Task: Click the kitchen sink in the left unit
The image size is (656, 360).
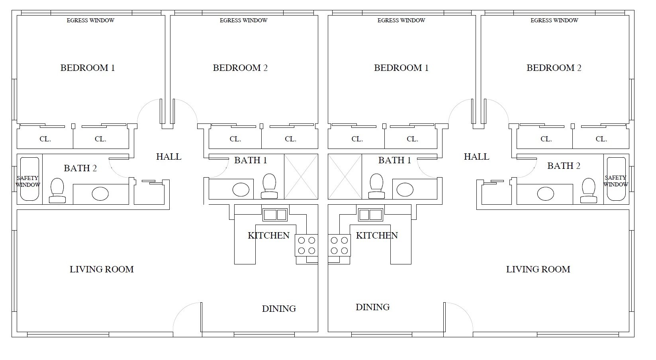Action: pos(274,215)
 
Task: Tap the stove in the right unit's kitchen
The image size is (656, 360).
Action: pos(339,245)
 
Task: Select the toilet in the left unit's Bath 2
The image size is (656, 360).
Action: pos(57,191)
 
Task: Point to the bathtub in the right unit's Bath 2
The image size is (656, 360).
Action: pos(616,179)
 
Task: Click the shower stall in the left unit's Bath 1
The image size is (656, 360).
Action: pos(301,177)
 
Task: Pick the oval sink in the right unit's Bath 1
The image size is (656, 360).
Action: pos(405,190)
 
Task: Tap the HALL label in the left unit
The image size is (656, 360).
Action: pos(169,157)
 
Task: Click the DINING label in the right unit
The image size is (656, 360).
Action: pos(372,307)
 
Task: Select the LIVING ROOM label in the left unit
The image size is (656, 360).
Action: pos(102,269)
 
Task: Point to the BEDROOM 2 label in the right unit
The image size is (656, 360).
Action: pos(554,68)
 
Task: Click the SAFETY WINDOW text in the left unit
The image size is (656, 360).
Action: pos(27,181)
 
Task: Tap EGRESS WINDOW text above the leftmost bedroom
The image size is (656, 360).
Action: pos(90,20)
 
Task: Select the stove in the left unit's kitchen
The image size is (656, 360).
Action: pos(306,245)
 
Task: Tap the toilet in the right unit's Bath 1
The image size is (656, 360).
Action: pos(376,186)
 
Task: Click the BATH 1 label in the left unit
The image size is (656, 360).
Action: pos(251,160)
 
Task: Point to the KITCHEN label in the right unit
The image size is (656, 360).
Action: pos(377,235)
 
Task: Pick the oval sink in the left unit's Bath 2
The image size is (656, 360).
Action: pos(100,194)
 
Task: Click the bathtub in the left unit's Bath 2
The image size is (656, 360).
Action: pos(29,179)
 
